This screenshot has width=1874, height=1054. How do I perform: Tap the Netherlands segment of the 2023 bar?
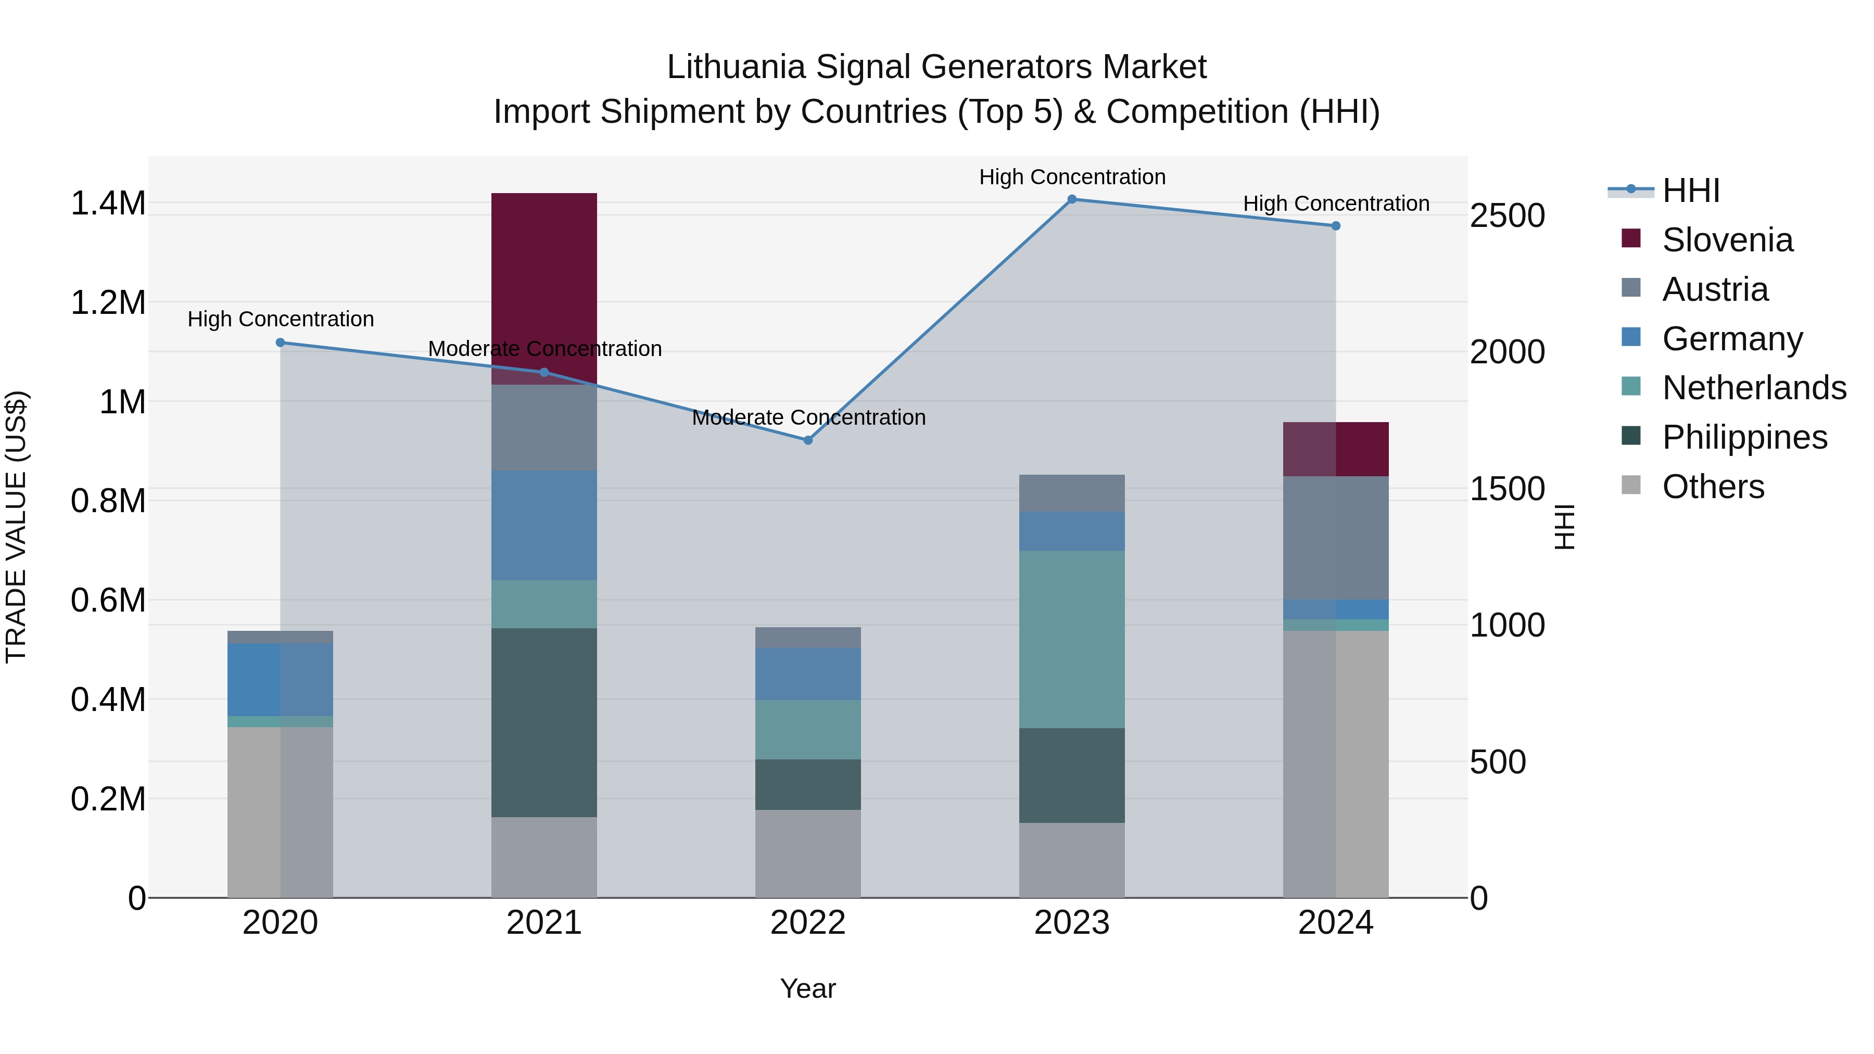[1072, 639]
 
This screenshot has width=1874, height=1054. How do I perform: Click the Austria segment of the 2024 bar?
[1336, 538]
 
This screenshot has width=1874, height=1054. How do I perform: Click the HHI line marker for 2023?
[1072, 199]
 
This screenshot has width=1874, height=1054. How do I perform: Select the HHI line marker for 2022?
[807, 440]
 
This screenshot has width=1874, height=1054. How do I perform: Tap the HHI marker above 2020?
[280, 342]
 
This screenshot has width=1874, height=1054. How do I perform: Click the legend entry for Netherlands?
[1753, 388]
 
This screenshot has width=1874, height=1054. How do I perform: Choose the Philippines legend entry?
[1744, 437]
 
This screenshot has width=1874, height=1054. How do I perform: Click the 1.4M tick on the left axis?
[108, 203]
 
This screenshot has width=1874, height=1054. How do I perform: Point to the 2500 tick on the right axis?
[1506, 215]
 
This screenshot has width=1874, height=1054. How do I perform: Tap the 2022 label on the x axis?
[807, 923]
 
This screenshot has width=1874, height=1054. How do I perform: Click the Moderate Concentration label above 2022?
[808, 417]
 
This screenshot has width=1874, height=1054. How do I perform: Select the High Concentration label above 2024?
[1336, 204]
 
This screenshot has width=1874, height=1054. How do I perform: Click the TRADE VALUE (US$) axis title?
[16, 527]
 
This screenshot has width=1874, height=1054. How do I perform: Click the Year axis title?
[807, 988]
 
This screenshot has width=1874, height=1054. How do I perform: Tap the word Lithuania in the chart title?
[736, 67]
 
